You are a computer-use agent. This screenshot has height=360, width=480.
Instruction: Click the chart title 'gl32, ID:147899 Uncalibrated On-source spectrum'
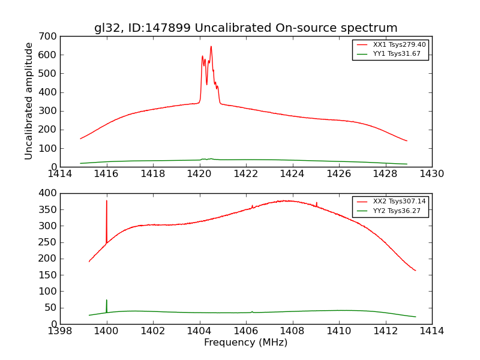[x=245, y=28]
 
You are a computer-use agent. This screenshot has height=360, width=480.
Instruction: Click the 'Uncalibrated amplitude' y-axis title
[x=29, y=101]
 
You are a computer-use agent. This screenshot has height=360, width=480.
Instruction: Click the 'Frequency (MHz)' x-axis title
[x=245, y=343]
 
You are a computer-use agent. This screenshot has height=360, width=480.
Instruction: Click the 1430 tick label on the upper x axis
[x=431, y=174]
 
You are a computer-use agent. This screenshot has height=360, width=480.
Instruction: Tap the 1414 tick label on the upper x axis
[x=60, y=174]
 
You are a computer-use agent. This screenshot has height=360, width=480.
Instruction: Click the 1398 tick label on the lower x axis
[x=60, y=331]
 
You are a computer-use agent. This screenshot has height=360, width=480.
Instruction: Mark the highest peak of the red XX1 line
[x=211, y=46]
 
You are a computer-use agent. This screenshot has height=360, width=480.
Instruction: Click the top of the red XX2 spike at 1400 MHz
[x=107, y=200]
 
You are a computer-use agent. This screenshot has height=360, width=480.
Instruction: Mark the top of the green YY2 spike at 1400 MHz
[x=107, y=300]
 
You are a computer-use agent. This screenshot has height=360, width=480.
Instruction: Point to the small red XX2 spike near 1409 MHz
[x=316, y=203]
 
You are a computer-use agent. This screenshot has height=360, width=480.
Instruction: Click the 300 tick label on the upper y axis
[x=50, y=111]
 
